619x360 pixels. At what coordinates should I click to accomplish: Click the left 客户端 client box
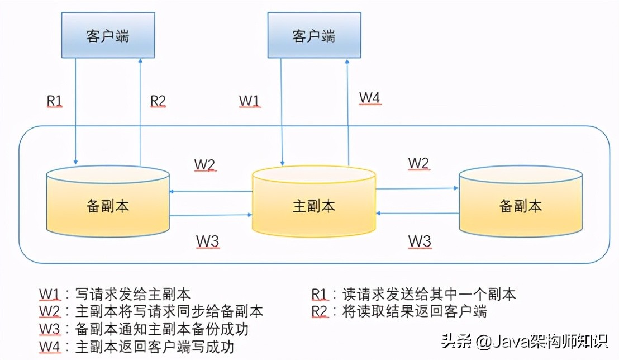(108, 36)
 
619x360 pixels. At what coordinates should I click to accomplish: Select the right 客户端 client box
(314, 36)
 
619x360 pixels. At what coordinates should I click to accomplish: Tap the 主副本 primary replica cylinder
(313, 206)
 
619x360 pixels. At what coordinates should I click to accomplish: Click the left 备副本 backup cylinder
(108, 206)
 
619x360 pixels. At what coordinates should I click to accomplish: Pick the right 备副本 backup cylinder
(520, 206)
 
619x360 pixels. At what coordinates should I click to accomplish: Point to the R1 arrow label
(54, 101)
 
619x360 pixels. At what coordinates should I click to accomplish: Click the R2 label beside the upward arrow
(158, 101)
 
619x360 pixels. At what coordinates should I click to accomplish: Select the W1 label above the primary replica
(249, 101)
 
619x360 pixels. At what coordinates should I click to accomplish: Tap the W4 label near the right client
(370, 98)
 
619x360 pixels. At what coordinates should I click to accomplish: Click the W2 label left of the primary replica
(204, 165)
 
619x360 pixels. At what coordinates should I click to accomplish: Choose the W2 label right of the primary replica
(419, 163)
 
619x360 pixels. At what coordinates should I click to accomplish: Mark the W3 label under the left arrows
(207, 241)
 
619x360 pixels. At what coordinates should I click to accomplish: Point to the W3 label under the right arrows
(420, 241)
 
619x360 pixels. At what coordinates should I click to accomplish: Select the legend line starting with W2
(151, 311)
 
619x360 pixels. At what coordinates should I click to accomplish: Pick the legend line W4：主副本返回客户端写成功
(136, 347)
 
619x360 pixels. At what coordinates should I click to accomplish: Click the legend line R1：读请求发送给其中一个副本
(413, 294)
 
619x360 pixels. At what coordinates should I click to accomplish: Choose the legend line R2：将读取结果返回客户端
(399, 311)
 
